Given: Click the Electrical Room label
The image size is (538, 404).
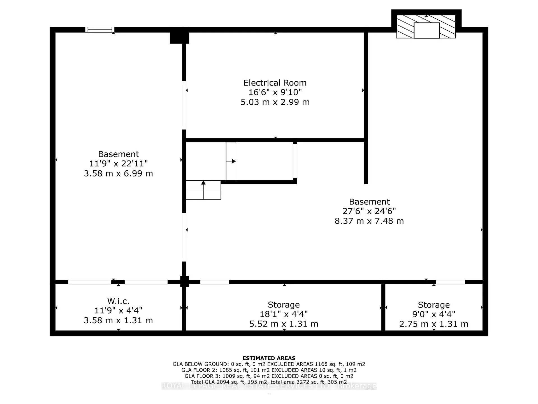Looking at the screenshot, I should [275, 83].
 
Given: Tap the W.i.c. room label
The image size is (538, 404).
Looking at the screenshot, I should [118, 301].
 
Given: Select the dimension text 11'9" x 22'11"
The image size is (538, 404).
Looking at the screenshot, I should [118, 164].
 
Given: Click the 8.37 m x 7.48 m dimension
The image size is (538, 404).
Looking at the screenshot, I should [369, 221].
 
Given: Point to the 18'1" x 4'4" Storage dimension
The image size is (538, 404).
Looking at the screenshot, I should [284, 314].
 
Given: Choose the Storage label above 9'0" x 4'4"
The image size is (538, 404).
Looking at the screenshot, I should [433, 305].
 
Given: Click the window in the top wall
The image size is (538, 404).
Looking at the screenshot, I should [100, 29].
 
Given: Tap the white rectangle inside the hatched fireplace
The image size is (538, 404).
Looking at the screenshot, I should [426, 30].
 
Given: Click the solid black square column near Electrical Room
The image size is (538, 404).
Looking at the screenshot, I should [179, 38].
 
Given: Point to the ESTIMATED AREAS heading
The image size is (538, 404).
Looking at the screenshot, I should [269, 358].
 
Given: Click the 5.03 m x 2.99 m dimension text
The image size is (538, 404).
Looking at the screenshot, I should [275, 102].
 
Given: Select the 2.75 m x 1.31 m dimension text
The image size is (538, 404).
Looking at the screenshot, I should [433, 324].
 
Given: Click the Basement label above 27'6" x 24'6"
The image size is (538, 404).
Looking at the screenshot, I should [369, 202].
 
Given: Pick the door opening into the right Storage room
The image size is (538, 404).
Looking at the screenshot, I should [450, 282].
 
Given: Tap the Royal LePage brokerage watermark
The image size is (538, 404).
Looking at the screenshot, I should [269, 386].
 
